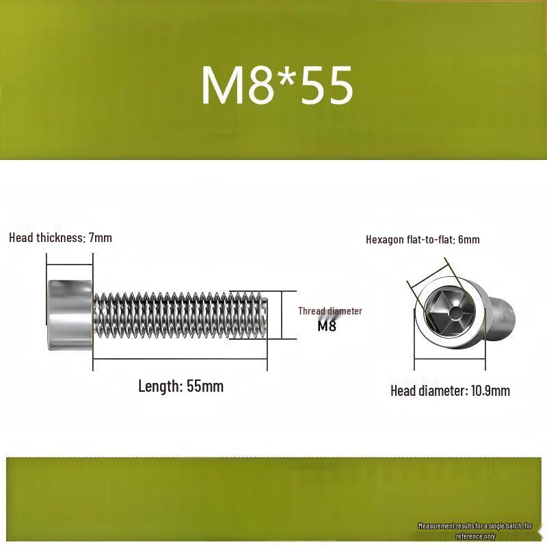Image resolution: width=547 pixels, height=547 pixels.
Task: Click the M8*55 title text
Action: [x=278, y=85]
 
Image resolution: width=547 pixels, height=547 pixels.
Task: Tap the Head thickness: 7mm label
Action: [x=61, y=238]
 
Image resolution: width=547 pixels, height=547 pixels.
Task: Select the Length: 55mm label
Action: [x=181, y=386]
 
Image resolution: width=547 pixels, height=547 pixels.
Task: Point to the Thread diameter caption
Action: [x=330, y=311]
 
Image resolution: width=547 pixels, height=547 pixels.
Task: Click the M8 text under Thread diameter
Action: [x=327, y=326]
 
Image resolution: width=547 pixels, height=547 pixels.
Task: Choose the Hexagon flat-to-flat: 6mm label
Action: [x=423, y=240]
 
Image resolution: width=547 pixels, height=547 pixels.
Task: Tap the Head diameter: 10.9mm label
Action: [x=450, y=390]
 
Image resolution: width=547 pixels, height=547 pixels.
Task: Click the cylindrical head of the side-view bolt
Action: [x=70, y=315]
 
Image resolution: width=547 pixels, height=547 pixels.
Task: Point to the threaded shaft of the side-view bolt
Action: [x=181, y=315]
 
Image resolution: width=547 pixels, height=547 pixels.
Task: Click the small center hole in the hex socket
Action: [x=455, y=313]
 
